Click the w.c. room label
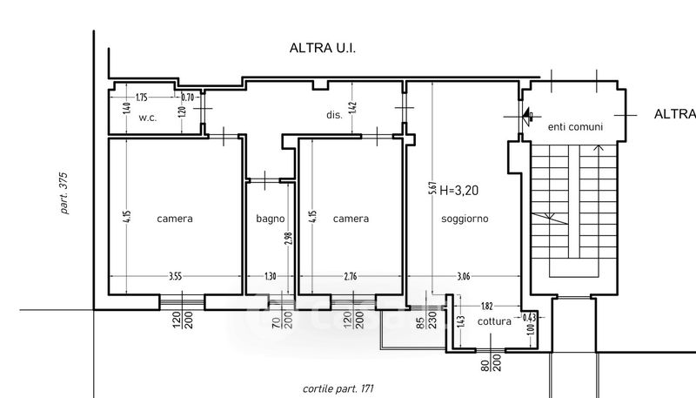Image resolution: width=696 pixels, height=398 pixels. tap(147, 118)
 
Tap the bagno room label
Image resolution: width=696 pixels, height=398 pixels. tap(270, 219)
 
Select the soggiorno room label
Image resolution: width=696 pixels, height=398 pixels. tap(465, 219)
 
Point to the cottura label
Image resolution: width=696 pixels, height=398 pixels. tap(495, 320)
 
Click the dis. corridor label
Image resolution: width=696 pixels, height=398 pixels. tap(333, 113)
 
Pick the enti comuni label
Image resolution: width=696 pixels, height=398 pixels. tap(574, 127)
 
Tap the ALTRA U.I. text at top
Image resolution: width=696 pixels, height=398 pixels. tap(324, 50)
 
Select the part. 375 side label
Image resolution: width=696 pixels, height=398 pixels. tap(64, 192)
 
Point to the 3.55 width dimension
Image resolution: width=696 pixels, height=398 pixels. tap(175, 277)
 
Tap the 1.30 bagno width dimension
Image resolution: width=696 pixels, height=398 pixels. tap(270, 277)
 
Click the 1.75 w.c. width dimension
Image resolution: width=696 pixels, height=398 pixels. tap(142, 98)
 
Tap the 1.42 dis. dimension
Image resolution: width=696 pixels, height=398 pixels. tap(352, 108)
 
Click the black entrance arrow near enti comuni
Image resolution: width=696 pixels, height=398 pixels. tap(527, 114)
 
